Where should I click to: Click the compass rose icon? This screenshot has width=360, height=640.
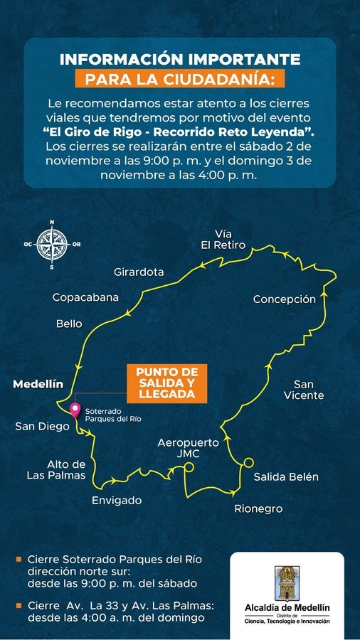pos(52,244)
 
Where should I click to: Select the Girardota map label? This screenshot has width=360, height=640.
pos(139,272)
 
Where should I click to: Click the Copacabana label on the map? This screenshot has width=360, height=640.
pos(85,297)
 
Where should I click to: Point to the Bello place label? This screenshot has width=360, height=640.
pos(69,324)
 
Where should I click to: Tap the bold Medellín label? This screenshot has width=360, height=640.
pos(38,384)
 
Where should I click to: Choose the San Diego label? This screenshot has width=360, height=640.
pos(43,426)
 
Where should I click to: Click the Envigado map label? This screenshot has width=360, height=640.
pos(117,500)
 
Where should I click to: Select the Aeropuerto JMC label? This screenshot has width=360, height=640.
pos(189,447)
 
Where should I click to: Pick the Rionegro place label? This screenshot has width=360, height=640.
pos(258,508)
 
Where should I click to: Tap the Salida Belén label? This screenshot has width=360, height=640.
pos(286,476)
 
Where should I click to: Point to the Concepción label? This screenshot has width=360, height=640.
pos(284,299)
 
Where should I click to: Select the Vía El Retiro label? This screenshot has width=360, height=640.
pos(223,239)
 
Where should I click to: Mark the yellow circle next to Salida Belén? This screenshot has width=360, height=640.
pos(248,462)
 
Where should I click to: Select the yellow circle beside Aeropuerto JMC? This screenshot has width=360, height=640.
pos(189,466)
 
